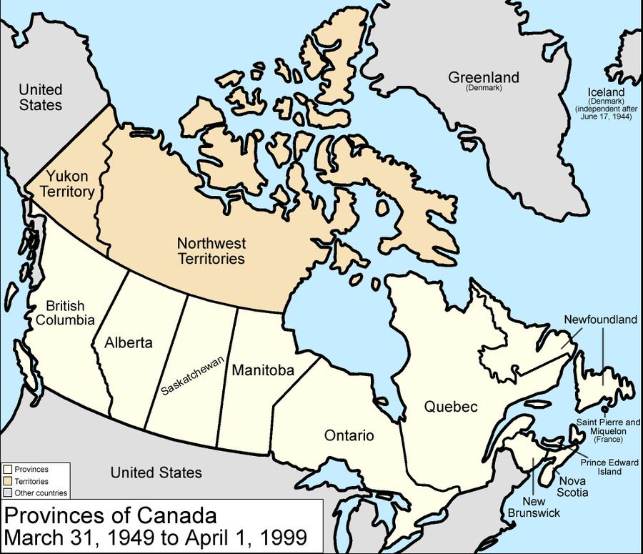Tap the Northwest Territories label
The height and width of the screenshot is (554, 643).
click(211, 251)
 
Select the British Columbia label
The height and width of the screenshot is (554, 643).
click(65, 312)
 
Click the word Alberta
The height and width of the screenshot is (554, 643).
click(129, 342)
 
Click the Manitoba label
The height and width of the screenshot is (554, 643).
click(264, 370)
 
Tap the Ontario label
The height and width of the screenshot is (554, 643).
click(349, 435)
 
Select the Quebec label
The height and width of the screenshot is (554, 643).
click(450, 407)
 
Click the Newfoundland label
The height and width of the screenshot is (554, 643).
click(600, 320)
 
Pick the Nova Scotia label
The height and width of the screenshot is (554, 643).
click(574, 486)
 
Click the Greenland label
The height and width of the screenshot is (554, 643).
click(484, 77)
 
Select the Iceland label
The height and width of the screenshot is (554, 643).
click(606, 93)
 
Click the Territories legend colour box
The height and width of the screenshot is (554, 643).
click(7, 481)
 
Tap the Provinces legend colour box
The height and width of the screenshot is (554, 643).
click(7, 470)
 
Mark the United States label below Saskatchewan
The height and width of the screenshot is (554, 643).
click(156, 473)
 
